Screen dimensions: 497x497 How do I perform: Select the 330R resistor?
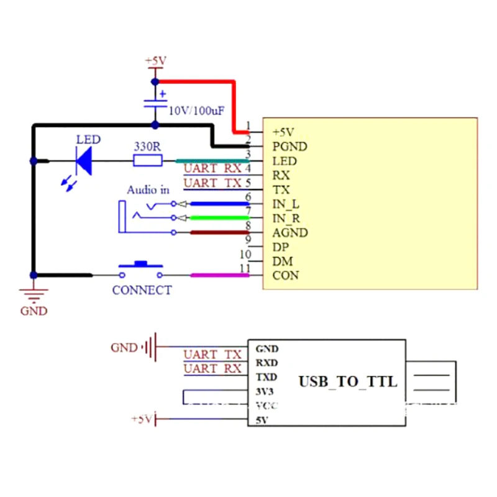pyautogui.click(x=148, y=161)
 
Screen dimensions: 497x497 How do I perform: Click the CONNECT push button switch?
pyautogui.click(x=142, y=271)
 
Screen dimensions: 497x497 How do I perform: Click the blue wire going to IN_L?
pyautogui.click(x=217, y=203)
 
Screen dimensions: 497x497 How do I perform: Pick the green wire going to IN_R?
pyautogui.click(x=217, y=217)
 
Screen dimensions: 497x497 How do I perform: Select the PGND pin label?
pyautogui.click(x=290, y=147)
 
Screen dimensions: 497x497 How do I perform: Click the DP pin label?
pyautogui.click(x=280, y=247)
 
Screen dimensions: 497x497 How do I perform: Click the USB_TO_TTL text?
pyautogui.click(x=347, y=381)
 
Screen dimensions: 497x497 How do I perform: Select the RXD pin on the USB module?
pyautogui.click(x=267, y=363)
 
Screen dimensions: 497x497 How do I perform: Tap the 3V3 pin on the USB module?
pyautogui.click(x=265, y=391)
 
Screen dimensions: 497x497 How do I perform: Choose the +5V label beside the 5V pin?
pyautogui.click(x=142, y=419)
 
